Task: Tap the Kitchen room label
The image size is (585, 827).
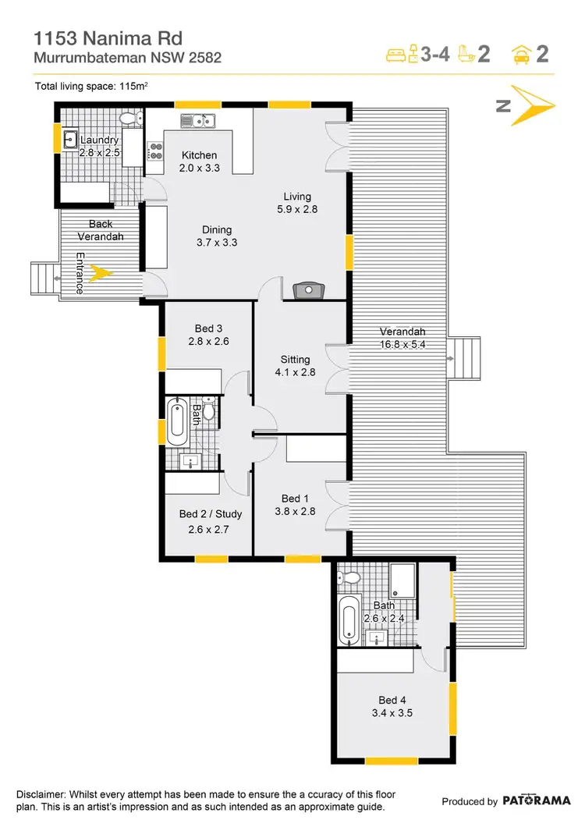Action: click(x=199, y=155)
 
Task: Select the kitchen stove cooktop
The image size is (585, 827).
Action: click(x=155, y=151)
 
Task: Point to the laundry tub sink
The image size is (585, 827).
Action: click(x=69, y=140)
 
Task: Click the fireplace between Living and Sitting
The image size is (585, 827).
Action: click(x=309, y=290)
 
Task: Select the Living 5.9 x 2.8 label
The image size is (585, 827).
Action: click(x=297, y=203)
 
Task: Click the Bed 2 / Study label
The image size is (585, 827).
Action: click(x=210, y=514)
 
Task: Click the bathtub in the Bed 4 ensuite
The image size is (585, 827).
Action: click(x=349, y=619)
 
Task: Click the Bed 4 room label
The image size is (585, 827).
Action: click(x=392, y=700)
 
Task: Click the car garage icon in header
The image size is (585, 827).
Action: click(x=522, y=54)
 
